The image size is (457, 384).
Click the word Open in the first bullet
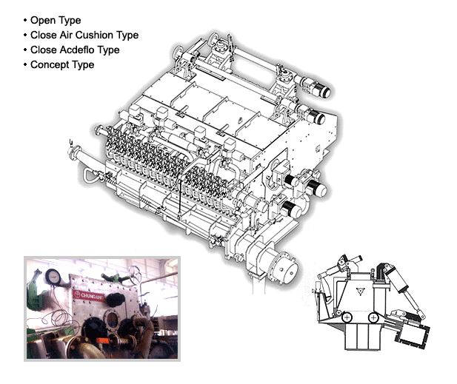tap(43, 21)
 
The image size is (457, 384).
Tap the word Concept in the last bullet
tap(50, 65)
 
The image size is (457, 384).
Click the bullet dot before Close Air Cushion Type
tap(25, 36)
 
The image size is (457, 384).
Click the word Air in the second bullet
tap(66, 36)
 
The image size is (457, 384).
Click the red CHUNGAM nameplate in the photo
tap(89, 296)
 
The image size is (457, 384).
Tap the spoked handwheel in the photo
tap(134, 274)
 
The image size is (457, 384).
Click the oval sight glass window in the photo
tap(111, 320)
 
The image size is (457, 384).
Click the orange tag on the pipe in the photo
tap(102, 340)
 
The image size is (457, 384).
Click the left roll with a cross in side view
tap(347, 317)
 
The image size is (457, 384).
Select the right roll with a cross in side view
tap(373, 317)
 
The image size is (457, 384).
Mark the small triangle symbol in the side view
tap(361, 291)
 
